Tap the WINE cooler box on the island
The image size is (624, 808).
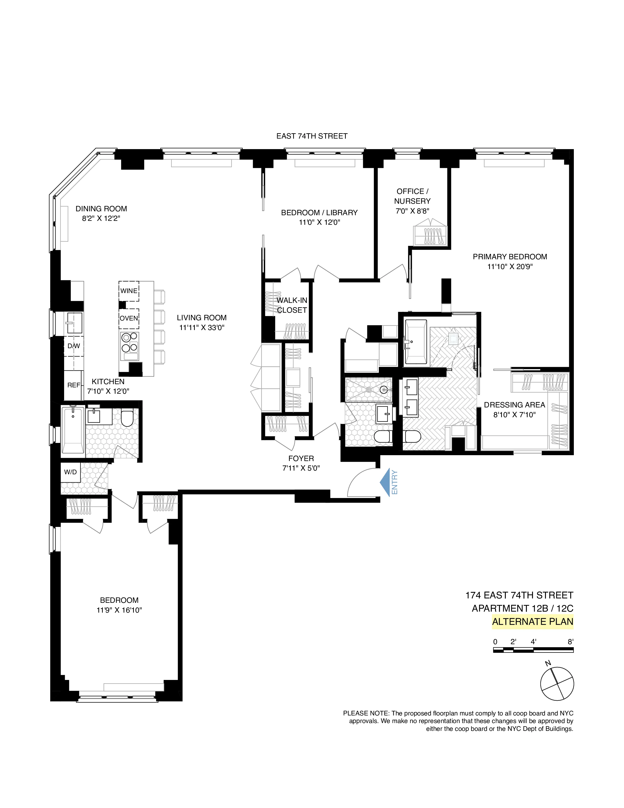pyautogui.click(x=129, y=291)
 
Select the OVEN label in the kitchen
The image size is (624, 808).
pyautogui.click(x=129, y=318)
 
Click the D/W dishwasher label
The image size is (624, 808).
pyautogui.click(x=74, y=346)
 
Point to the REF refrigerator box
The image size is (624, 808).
pyautogui.click(x=74, y=385)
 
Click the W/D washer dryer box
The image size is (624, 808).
pyautogui.click(x=70, y=472)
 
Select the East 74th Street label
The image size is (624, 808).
pyautogui.click(x=312, y=136)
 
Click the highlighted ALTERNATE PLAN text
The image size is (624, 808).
pyautogui.click(x=532, y=621)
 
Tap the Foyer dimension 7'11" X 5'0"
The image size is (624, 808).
pyautogui.click(x=301, y=468)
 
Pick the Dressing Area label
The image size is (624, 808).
pyautogui.click(x=514, y=405)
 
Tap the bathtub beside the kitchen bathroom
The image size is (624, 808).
pyautogui.click(x=73, y=430)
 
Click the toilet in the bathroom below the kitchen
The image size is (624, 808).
pyautogui.click(x=127, y=418)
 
